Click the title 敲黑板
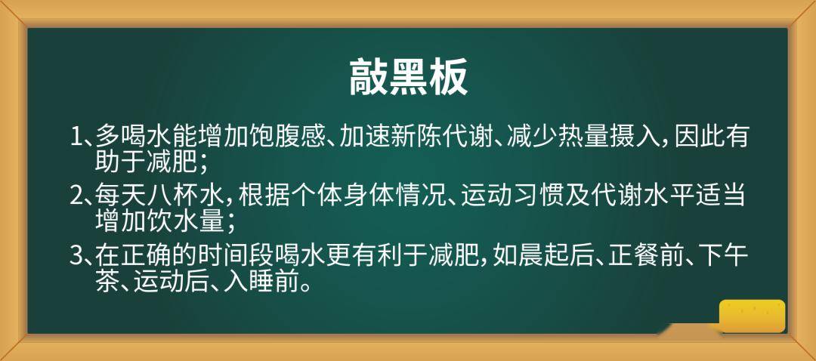(x=409, y=76)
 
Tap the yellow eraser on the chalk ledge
(x=752, y=316)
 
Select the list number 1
(x=76, y=137)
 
